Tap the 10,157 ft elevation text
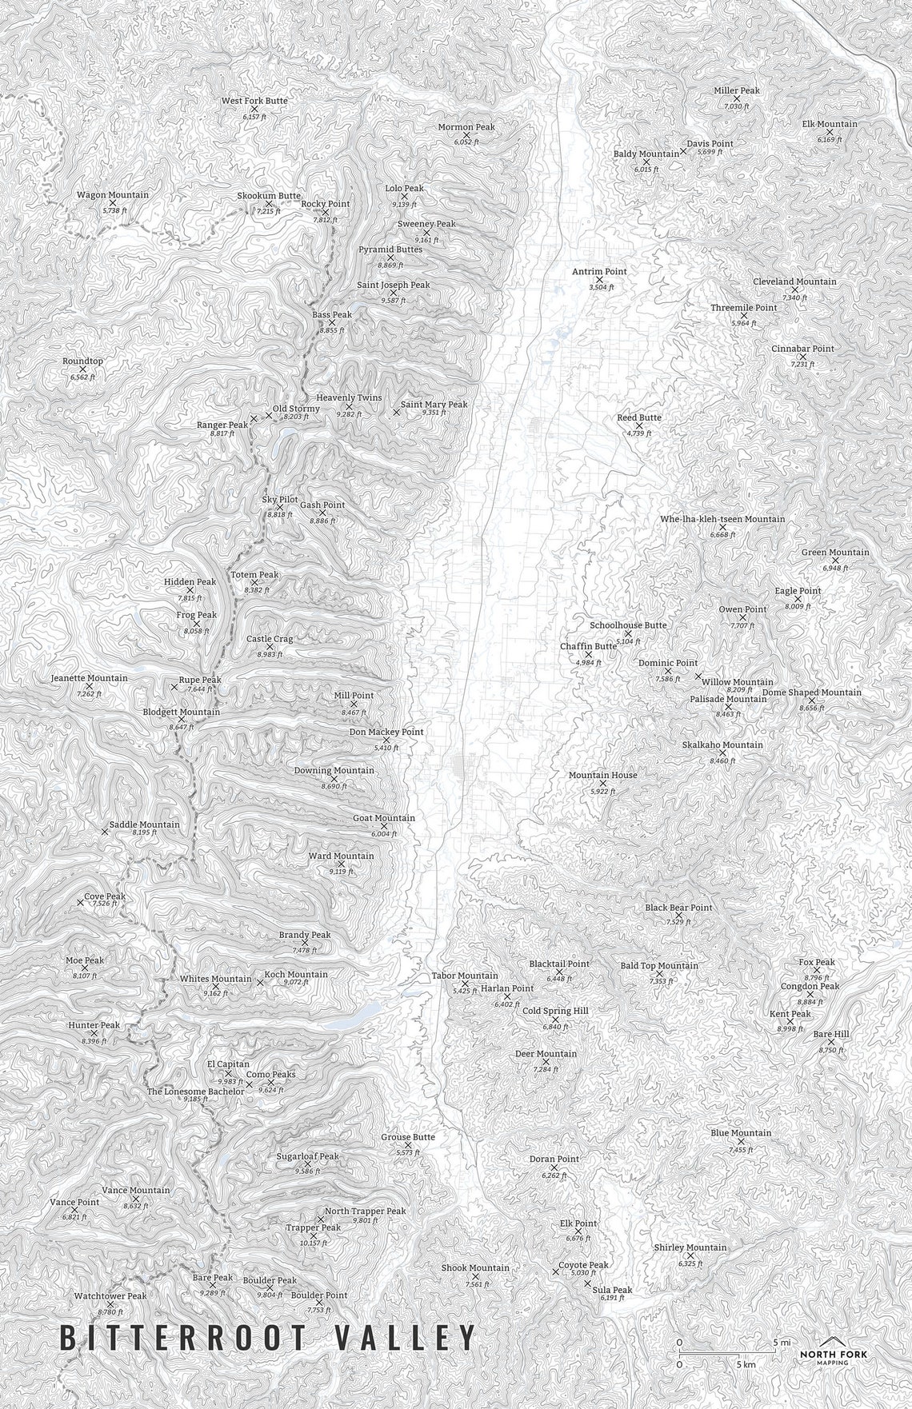tap(314, 1243)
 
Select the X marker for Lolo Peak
tap(404, 196)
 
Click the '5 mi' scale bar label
tap(781, 1342)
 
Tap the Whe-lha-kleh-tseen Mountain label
tap(722, 519)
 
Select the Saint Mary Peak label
tap(434, 405)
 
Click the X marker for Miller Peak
tap(737, 98)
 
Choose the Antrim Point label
tap(599, 272)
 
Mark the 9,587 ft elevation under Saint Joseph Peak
tap(393, 301)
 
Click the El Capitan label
tap(228, 1064)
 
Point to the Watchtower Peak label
tap(110, 1296)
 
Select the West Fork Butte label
tap(254, 101)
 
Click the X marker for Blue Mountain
tap(741, 1141)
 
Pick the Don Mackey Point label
tap(386, 732)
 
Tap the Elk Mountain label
tap(830, 124)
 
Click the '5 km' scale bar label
tap(746, 1364)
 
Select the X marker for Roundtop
tap(82, 369)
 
